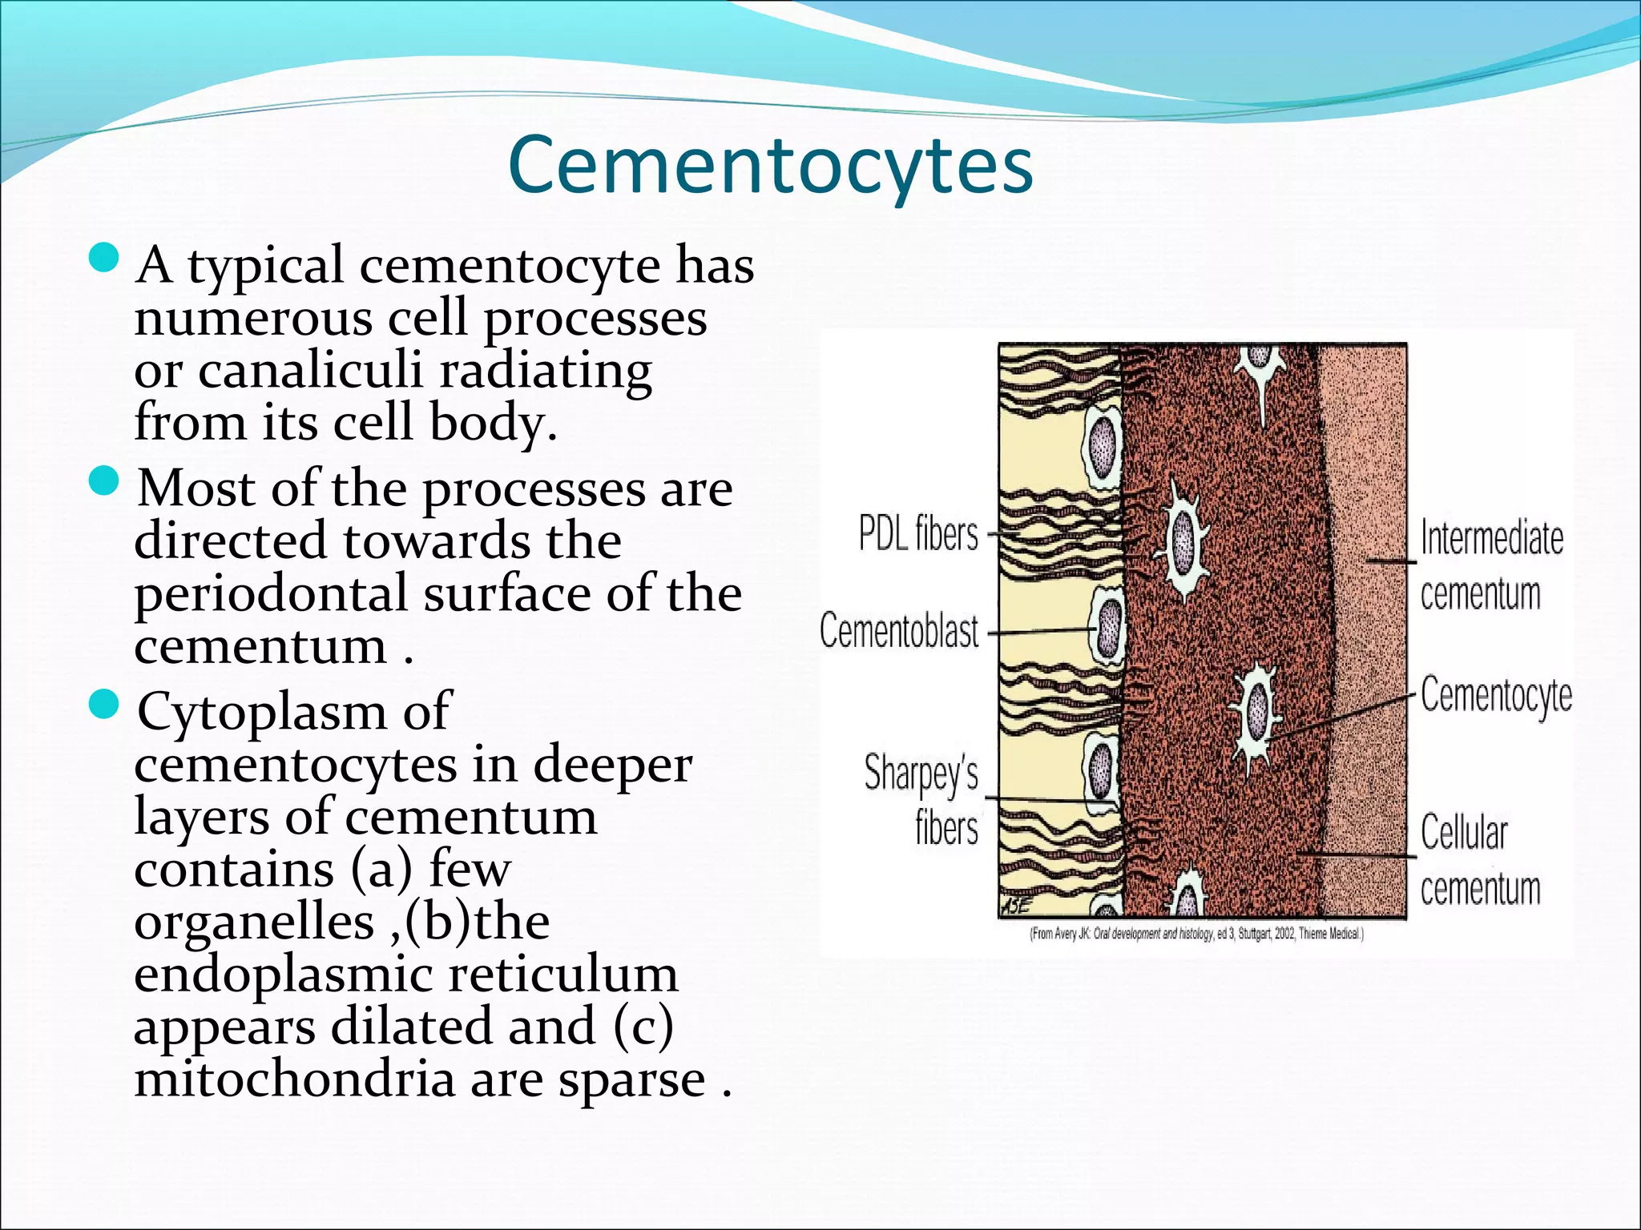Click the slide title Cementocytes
(x=770, y=166)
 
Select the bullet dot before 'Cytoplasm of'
(x=103, y=705)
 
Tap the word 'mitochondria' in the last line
(x=294, y=1079)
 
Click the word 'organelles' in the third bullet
(x=254, y=922)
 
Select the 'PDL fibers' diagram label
(x=918, y=533)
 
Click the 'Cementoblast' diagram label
(x=899, y=631)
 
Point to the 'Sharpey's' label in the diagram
(x=921, y=774)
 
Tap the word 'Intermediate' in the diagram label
(x=1491, y=537)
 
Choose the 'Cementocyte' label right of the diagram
(x=1496, y=695)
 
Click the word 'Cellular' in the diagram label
(x=1464, y=833)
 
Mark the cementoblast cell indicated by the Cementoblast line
(x=1110, y=629)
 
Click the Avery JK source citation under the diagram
(x=1196, y=933)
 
